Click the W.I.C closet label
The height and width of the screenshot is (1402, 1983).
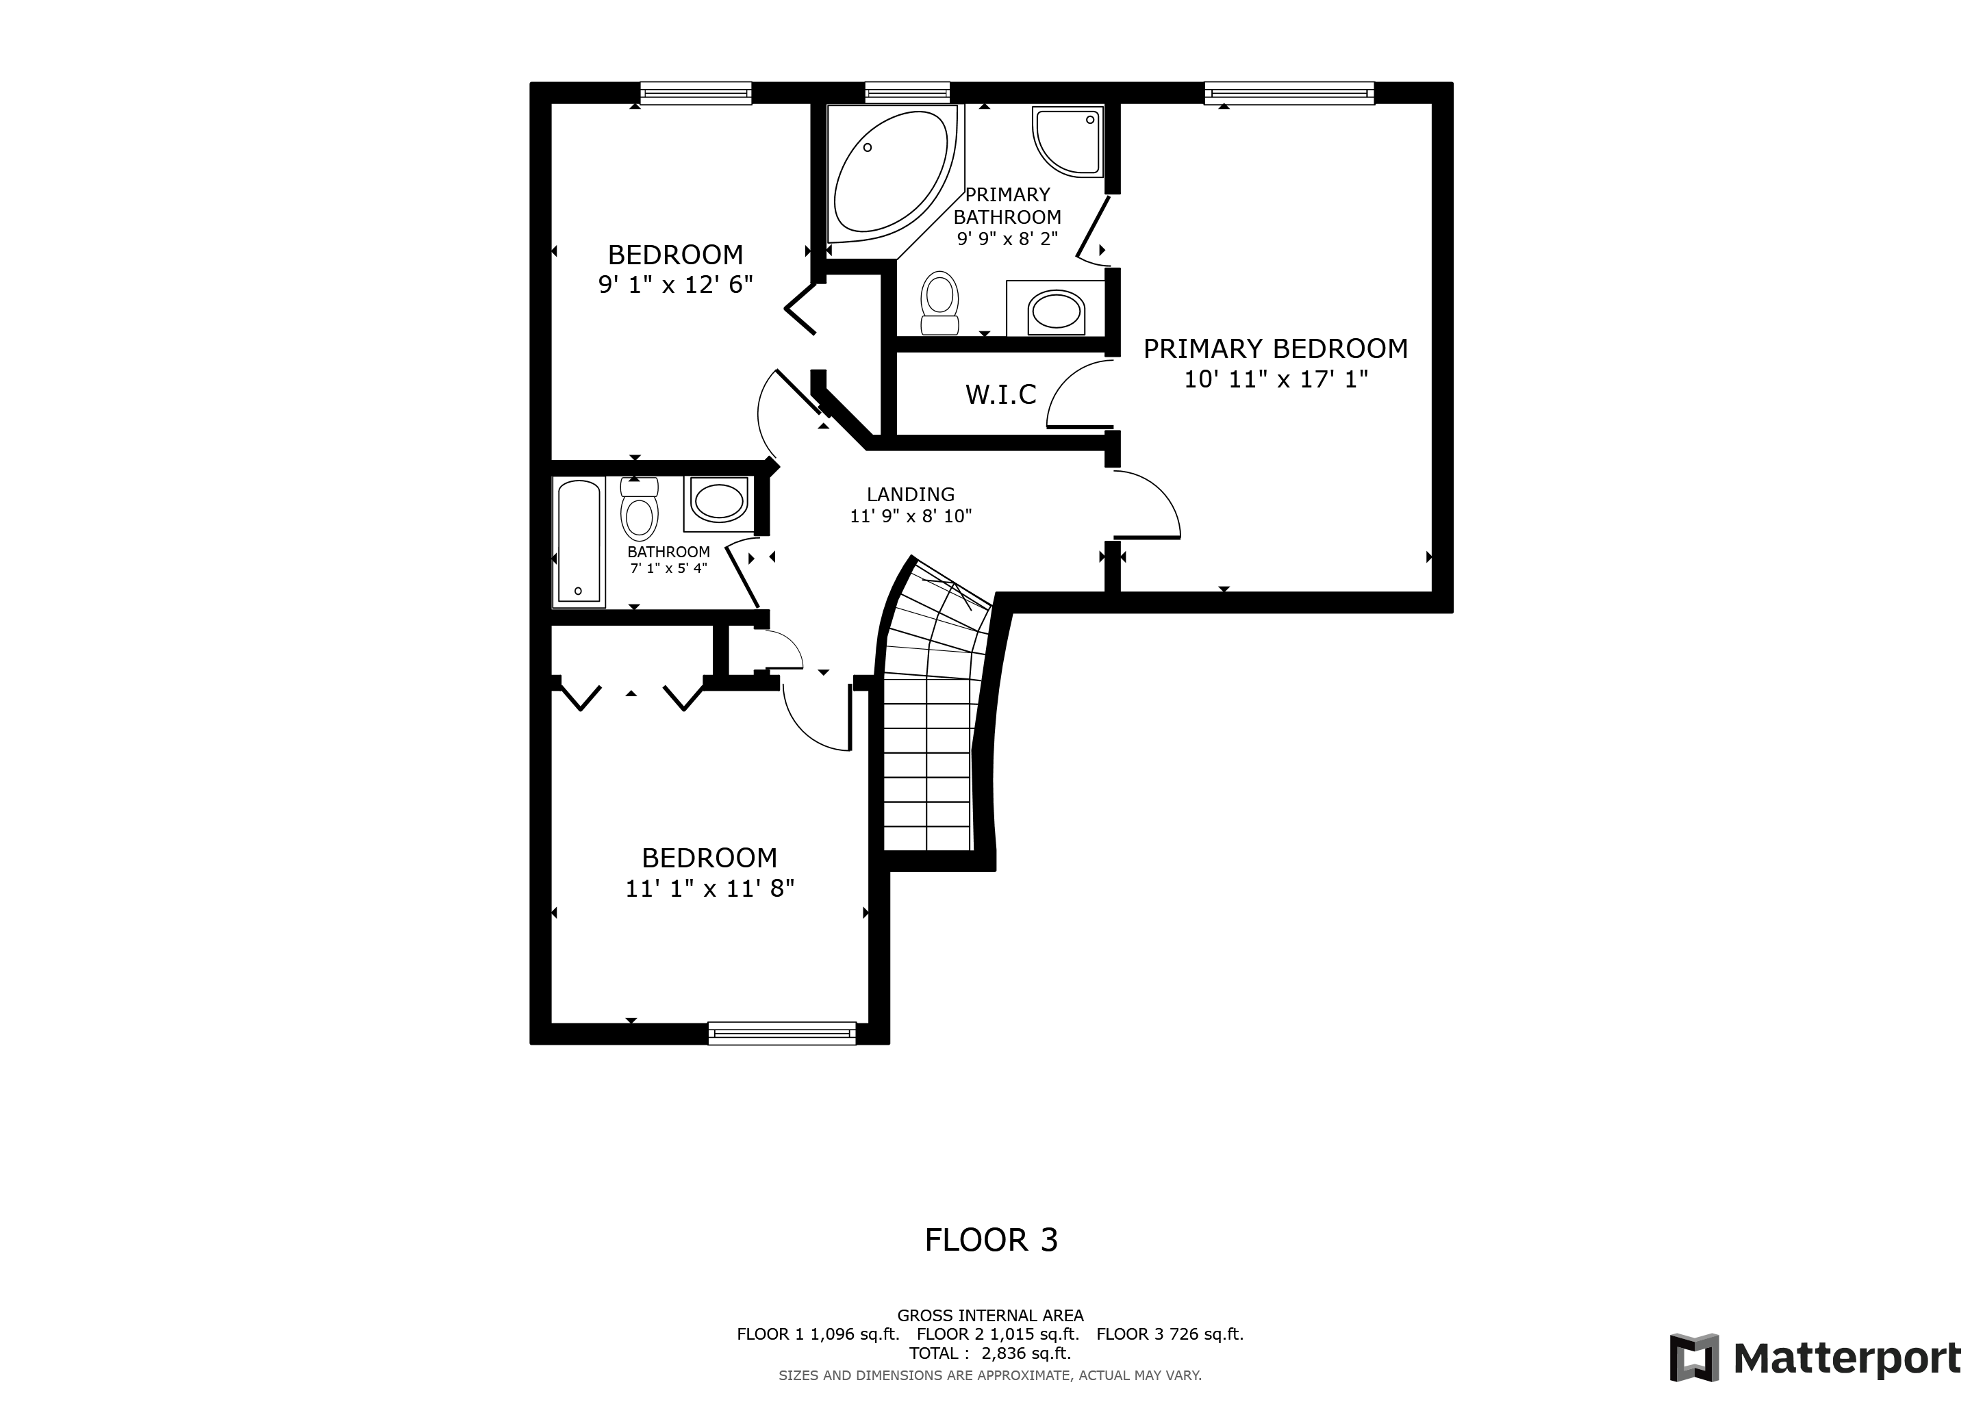(x=1000, y=394)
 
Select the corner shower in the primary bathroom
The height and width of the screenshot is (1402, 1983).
(x=1068, y=142)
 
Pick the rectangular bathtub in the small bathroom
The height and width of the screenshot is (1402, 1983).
(x=579, y=541)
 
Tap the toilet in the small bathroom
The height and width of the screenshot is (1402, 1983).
(x=639, y=509)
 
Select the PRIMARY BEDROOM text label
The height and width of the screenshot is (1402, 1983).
(x=1276, y=348)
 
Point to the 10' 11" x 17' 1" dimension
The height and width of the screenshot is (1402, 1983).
(x=1276, y=379)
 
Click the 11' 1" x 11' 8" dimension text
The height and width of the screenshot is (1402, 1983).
(x=710, y=889)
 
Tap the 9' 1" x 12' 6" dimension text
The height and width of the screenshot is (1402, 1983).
(x=675, y=285)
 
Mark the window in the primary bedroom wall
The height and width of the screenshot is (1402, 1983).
(x=1289, y=92)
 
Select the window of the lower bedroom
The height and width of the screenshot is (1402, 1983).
(x=781, y=1034)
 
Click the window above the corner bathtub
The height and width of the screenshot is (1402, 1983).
(x=907, y=92)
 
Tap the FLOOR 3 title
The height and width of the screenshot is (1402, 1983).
(x=991, y=1240)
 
